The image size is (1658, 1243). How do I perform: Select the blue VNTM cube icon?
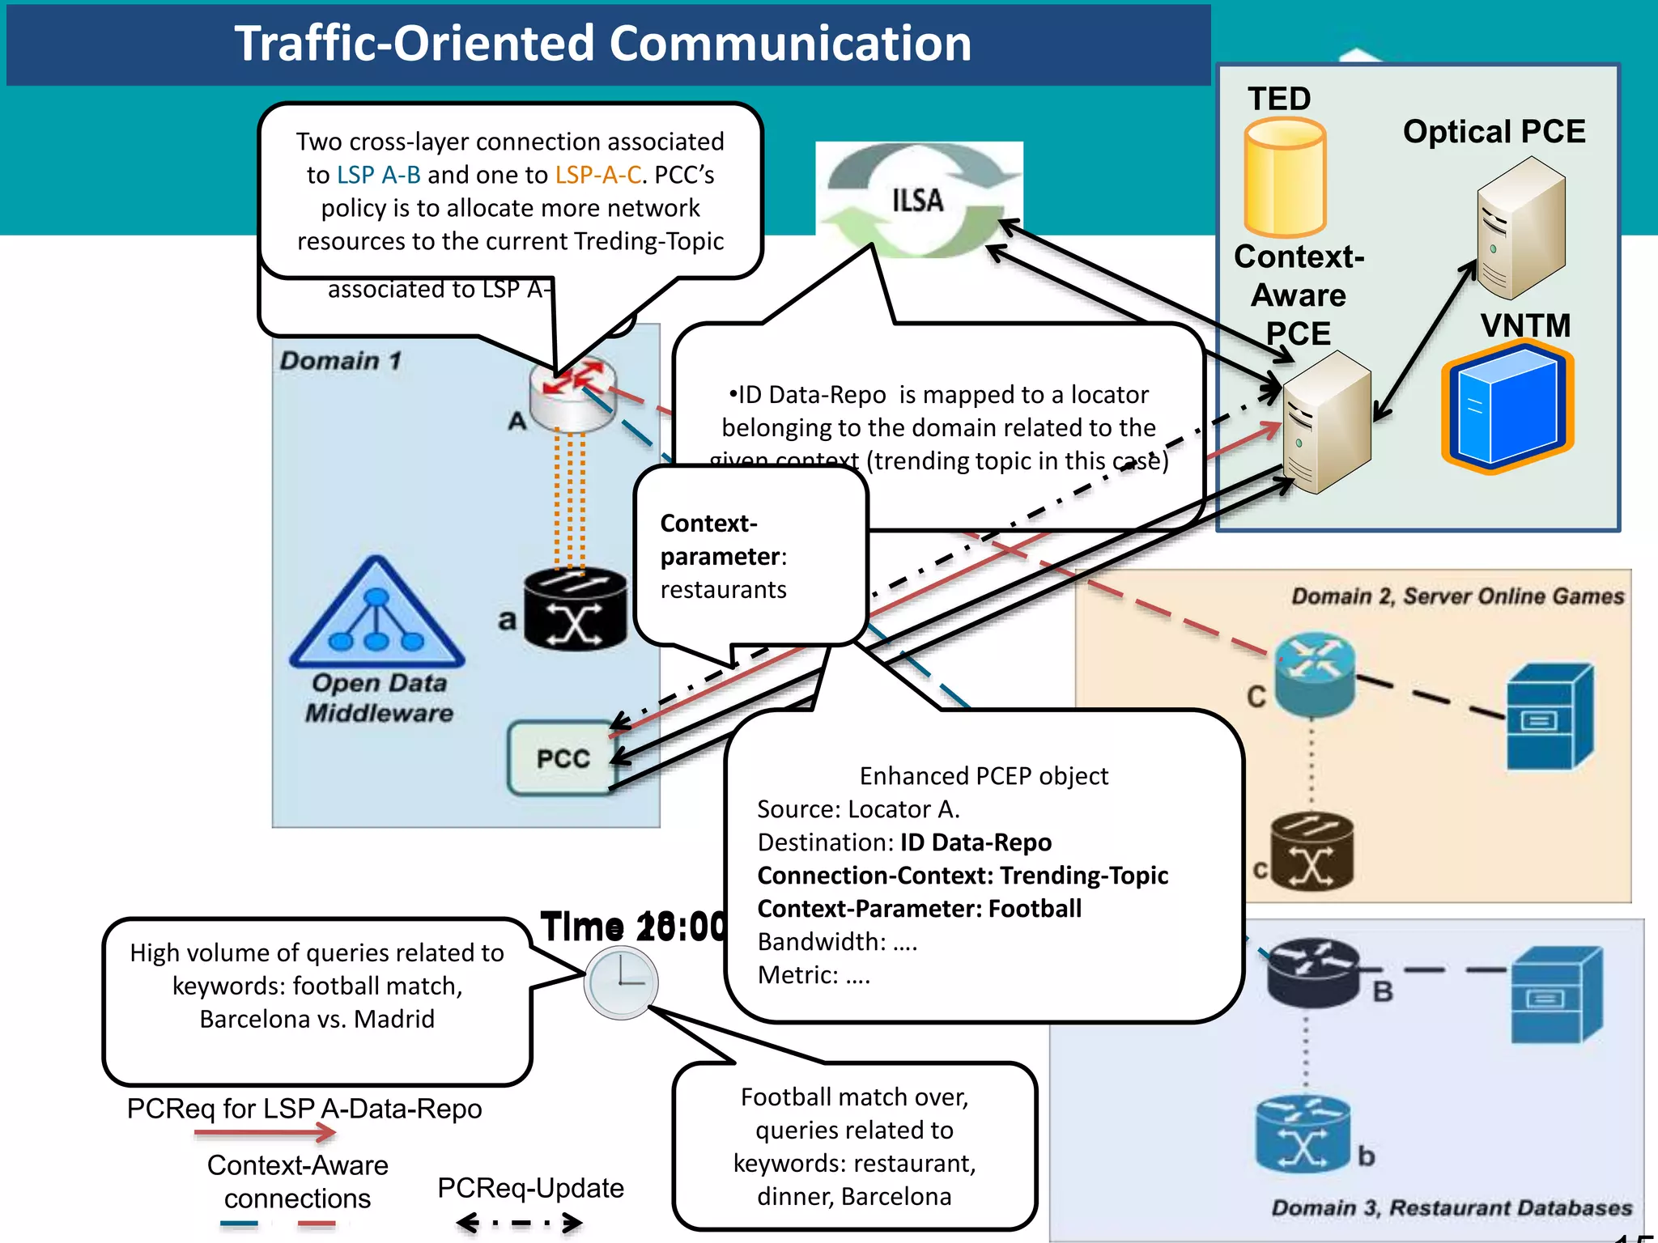click(x=1507, y=409)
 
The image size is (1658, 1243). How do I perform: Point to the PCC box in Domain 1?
click(x=562, y=758)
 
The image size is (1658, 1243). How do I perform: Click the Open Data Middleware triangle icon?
click(x=376, y=615)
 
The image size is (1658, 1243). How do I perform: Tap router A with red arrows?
click(x=573, y=392)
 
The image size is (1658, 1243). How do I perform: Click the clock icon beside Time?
click(x=621, y=982)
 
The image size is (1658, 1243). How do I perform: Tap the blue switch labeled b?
click(x=1302, y=1135)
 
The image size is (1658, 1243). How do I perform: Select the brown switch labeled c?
click(x=1312, y=851)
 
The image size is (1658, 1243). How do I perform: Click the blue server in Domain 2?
click(x=1549, y=717)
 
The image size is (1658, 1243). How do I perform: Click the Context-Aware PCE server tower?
click(x=1327, y=422)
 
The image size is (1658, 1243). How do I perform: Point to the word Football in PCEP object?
click(x=1035, y=909)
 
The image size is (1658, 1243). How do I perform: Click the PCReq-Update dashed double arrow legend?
click(x=519, y=1223)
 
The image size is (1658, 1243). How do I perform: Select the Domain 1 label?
click(x=341, y=360)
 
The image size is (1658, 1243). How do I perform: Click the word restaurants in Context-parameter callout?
click(x=723, y=590)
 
